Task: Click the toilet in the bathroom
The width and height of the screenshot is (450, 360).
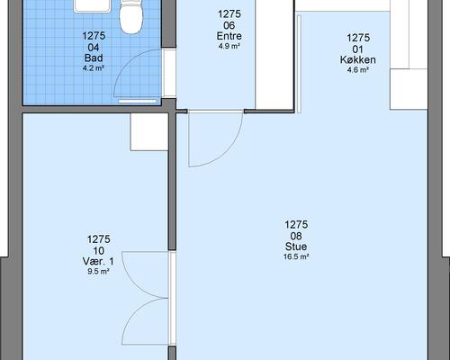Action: pos(130,16)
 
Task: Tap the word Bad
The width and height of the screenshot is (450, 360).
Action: pos(94,58)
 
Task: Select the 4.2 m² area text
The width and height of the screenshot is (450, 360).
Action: pos(94,68)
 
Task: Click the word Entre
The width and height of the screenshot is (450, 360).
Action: pos(229,36)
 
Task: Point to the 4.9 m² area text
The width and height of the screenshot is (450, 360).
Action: pos(229,46)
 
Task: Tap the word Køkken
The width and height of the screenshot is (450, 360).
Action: pos(358,59)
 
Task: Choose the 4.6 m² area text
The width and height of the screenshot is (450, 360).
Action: pos(358,70)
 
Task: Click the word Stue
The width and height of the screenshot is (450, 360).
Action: pos(296,247)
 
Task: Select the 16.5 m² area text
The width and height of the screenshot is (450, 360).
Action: pos(296,257)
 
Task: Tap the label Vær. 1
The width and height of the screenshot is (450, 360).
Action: pos(98,262)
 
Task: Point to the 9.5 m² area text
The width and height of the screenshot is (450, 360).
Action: pos(98,272)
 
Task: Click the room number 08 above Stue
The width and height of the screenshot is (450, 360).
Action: pos(296,236)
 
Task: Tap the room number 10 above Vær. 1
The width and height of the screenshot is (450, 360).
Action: pos(99,251)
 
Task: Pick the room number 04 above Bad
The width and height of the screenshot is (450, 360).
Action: pos(94,47)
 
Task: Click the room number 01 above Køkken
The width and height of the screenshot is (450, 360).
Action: pos(358,49)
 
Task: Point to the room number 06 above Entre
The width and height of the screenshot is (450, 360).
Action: pos(229,25)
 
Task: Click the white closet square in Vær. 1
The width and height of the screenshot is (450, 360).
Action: pos(149,131)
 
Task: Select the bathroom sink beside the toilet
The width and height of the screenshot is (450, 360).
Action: pos(93,6)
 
